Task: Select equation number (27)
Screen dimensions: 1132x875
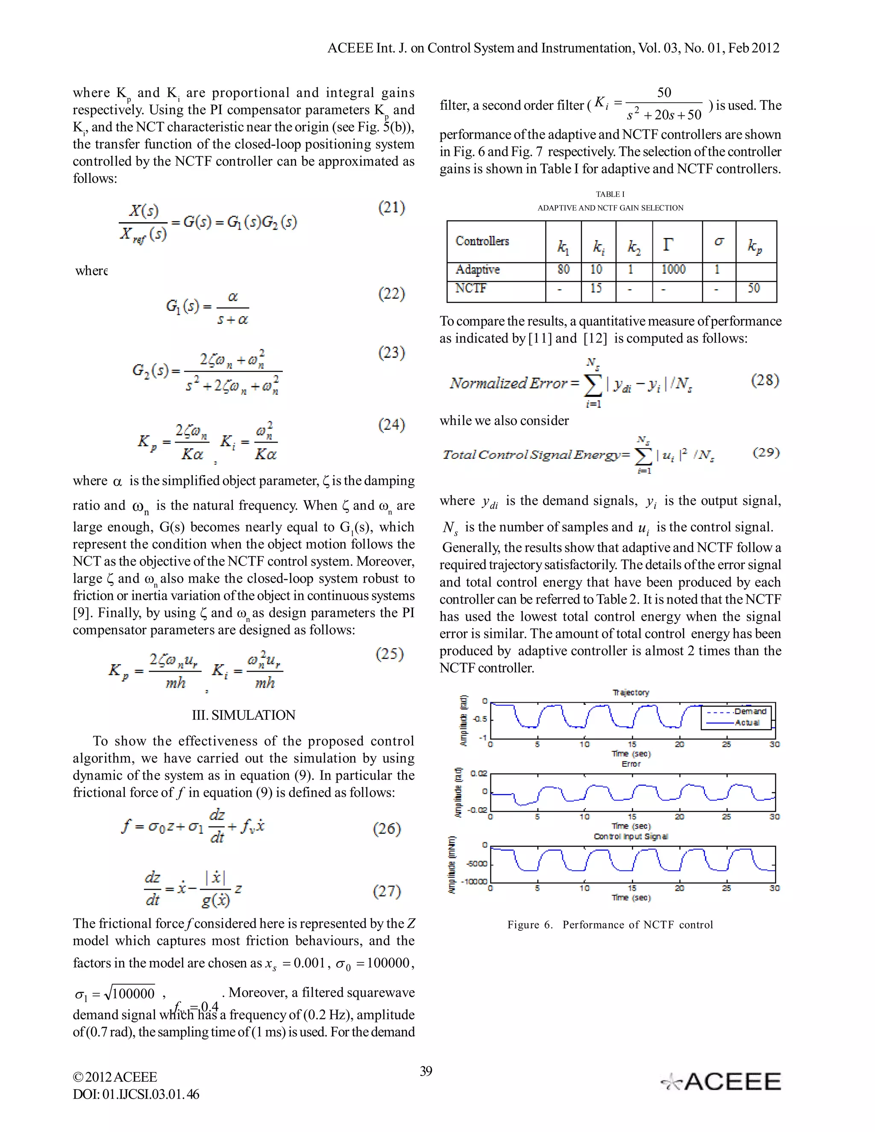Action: pyautogui.click(x=387, y=891)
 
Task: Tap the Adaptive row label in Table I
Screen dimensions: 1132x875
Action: pyautogui.click(x=477, y=270)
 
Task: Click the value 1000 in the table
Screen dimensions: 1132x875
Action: pyautogui.click(x=673, y=270)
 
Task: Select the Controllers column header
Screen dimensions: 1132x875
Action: pyautogui.click(x=482, y=241)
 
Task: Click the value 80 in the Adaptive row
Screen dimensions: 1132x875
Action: pyautogui.click(x=563, y=270)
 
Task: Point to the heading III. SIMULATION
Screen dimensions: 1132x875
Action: pyautogui.click(x=243, y=715)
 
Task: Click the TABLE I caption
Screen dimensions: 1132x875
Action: pyautogui.click(x=610, y=194)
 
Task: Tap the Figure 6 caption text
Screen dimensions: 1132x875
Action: pyautogui.click(x=610, y=925)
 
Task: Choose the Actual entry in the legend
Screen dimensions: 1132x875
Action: pyautogui.click(x=747, y=722)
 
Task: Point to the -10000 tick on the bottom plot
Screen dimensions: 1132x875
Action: pyautogui.click(x=474, y=881)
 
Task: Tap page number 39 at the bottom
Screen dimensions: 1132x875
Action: pyautogui.click(x=426, y=1071)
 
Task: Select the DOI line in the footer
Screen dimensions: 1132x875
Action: pyautogui.click(x=136, y=1094)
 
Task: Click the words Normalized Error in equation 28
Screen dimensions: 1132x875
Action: pyautogui.click(x=508, y=384)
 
